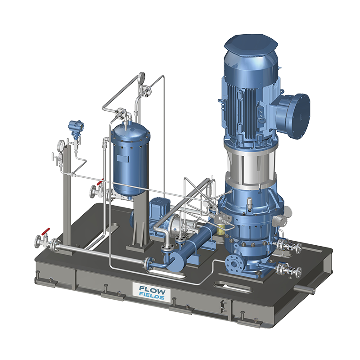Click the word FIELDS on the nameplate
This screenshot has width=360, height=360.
tap(152, 296)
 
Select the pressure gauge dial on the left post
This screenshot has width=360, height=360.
tap(61, 145)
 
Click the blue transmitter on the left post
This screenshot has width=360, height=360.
tap(76, 127)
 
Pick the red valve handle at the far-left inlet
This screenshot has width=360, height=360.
tap(45, 232)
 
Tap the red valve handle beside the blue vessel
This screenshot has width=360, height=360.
tap(100, 182)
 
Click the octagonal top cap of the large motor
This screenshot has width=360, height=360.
tap(251, 45)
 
